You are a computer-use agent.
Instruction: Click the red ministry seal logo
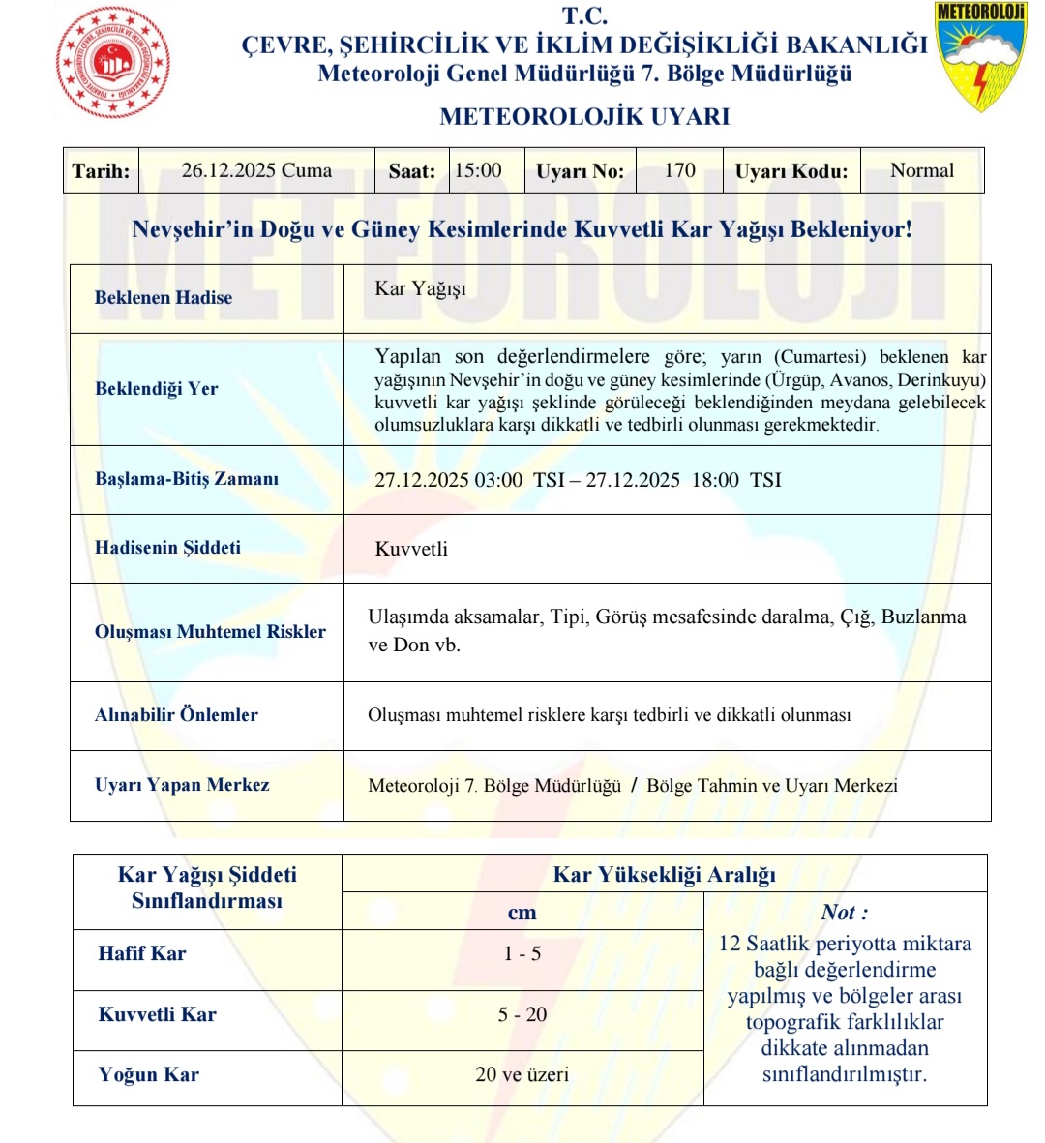(113, 62)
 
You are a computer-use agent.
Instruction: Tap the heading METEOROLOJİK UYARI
(584, 117)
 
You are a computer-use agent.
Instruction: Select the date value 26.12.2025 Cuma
(256, 171)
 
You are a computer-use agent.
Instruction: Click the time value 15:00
(478, 171)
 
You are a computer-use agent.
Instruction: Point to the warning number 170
(679, 171)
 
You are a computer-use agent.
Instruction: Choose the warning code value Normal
(921, 171)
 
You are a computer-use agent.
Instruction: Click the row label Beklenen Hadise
(164, 298)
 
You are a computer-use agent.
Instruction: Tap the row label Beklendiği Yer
(157, 389)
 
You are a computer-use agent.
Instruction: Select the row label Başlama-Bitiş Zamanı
(187, 479)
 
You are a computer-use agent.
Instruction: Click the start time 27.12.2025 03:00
(449, 480)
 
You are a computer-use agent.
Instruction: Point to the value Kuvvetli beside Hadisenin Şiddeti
(411, 549)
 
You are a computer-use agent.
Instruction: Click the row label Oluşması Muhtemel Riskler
(210, 632)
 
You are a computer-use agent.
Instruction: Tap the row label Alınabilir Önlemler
(176, 715)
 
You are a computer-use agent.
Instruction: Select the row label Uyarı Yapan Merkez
(182, 785)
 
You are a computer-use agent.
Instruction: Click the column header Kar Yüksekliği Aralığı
(664, 875)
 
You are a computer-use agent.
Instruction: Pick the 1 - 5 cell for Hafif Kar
(522, 954)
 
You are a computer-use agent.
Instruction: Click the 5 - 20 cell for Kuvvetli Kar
(522, 1014)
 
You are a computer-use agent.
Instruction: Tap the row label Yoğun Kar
(149, 1075)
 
